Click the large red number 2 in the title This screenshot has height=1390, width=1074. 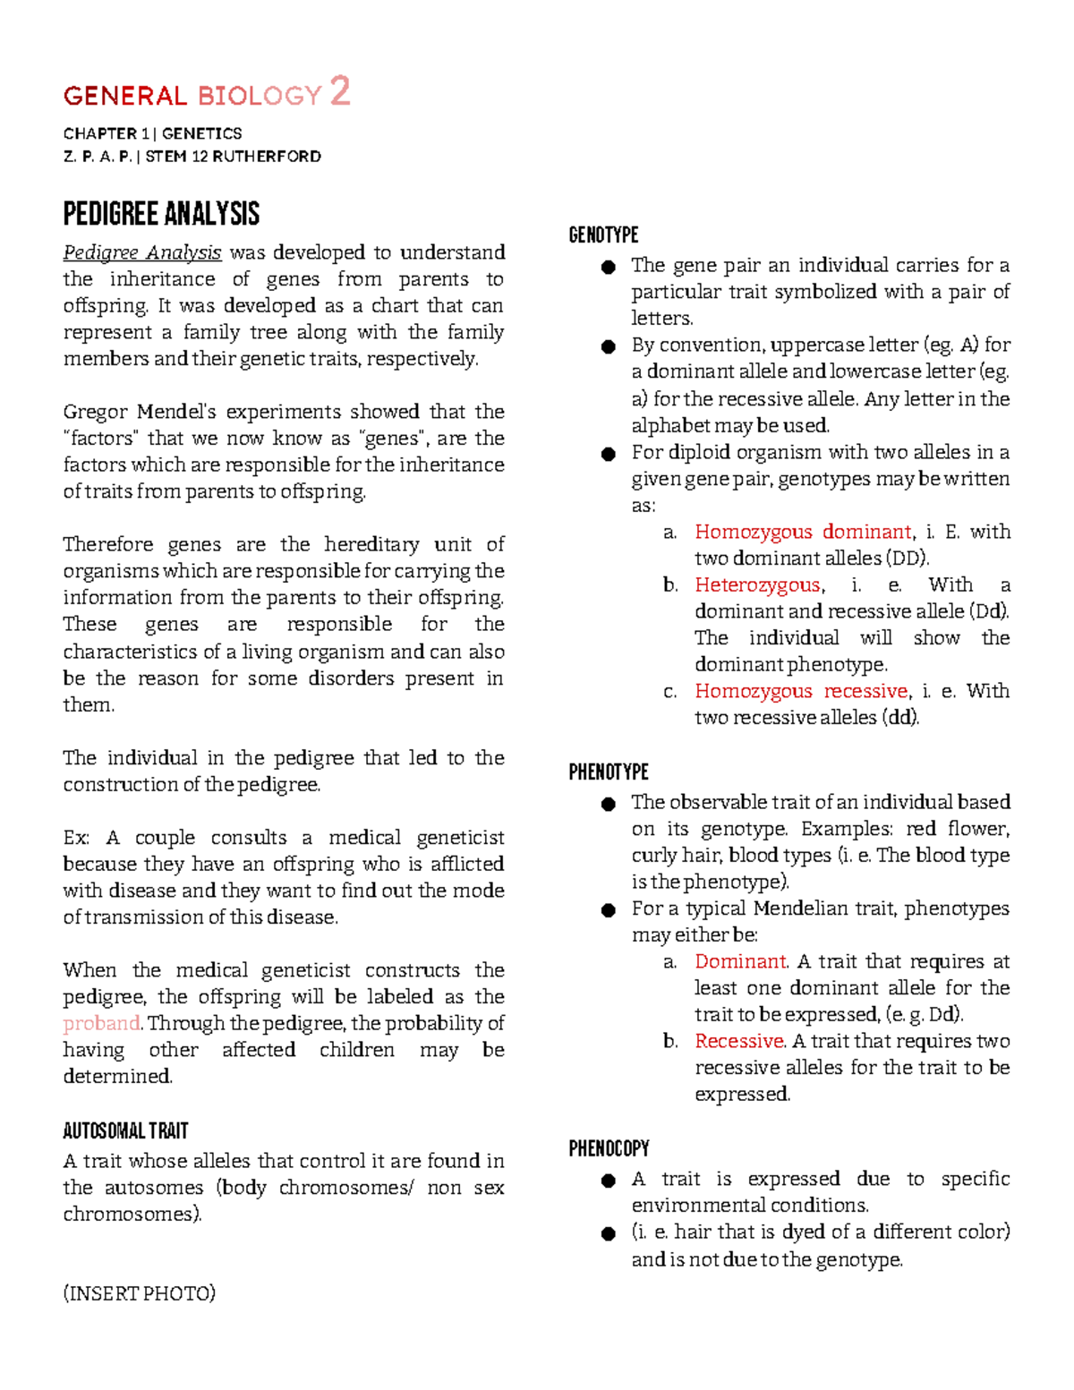340,91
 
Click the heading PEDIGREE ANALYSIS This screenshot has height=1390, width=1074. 161,214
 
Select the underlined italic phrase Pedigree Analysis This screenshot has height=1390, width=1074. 141,252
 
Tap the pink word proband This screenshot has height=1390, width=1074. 101,1023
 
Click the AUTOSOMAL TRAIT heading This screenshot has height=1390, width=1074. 125,1131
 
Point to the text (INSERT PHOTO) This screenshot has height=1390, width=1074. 139,1293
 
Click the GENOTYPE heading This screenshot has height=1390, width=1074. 603,235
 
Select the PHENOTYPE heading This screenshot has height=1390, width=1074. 609,772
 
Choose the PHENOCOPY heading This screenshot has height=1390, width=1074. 609,1148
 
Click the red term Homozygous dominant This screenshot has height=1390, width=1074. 803,532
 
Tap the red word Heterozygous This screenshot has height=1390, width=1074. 757,584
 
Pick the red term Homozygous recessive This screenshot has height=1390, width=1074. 801,691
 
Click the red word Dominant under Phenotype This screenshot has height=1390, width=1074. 740,961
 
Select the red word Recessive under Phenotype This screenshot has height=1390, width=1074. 739,1041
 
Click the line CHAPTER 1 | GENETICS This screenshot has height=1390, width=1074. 152,133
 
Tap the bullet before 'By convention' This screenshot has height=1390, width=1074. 609,346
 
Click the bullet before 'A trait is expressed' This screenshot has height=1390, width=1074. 609,1181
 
